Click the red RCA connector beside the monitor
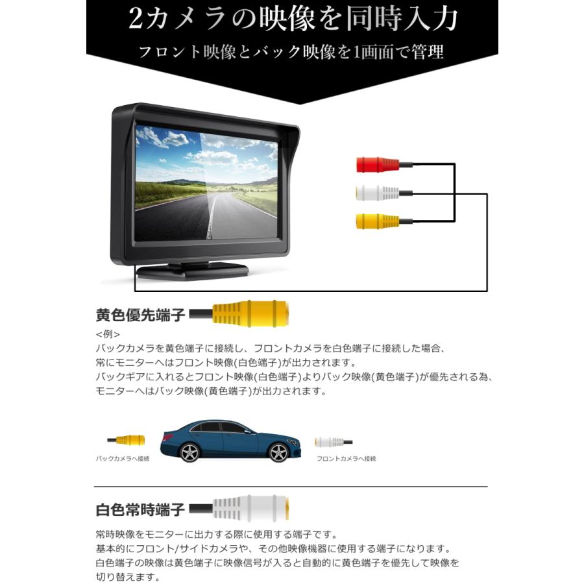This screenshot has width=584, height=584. coord(377,165)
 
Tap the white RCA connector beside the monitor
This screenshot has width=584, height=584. coord(377,193)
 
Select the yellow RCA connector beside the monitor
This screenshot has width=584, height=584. coord(377,221)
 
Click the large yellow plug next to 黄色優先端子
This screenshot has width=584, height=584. coord(250,314)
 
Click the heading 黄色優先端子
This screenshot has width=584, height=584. coord(140,315)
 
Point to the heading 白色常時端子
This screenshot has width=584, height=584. coord(140,510)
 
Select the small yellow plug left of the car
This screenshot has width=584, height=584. coord(128,440)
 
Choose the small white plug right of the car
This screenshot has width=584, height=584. coord(331,442)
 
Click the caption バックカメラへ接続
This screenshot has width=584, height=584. coord(123,459)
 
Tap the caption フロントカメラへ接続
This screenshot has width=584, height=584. coord(347,459)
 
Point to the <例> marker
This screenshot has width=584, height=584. coord(107,335)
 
